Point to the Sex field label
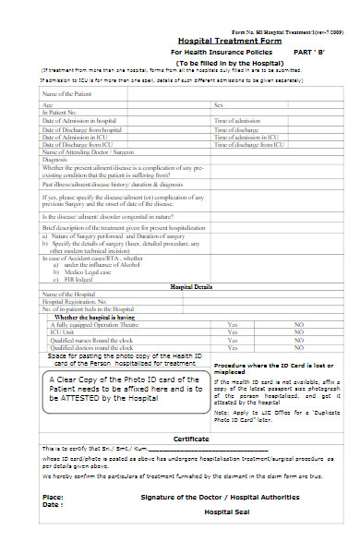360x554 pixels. [219, 106]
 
